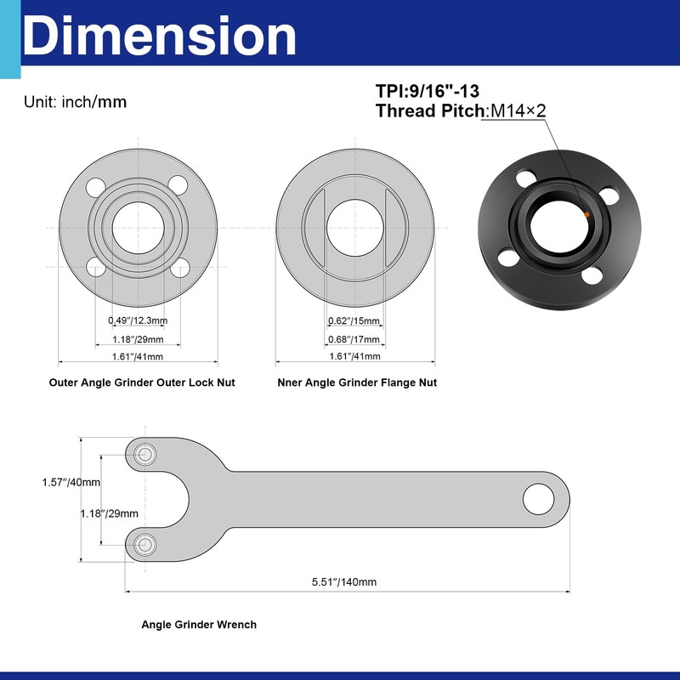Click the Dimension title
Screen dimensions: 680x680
(159, 36)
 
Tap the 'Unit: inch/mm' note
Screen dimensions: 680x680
(76, 102)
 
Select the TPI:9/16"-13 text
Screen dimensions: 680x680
(428, 91)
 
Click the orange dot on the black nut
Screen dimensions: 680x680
(586, 214)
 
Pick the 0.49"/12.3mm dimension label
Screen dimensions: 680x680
(138, 320)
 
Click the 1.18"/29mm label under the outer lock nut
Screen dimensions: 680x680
(138, 339)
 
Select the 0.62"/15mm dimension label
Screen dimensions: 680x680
(354, 321)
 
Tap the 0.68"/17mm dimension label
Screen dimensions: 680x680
(354, 339)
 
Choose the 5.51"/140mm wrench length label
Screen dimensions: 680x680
(344, 581)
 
